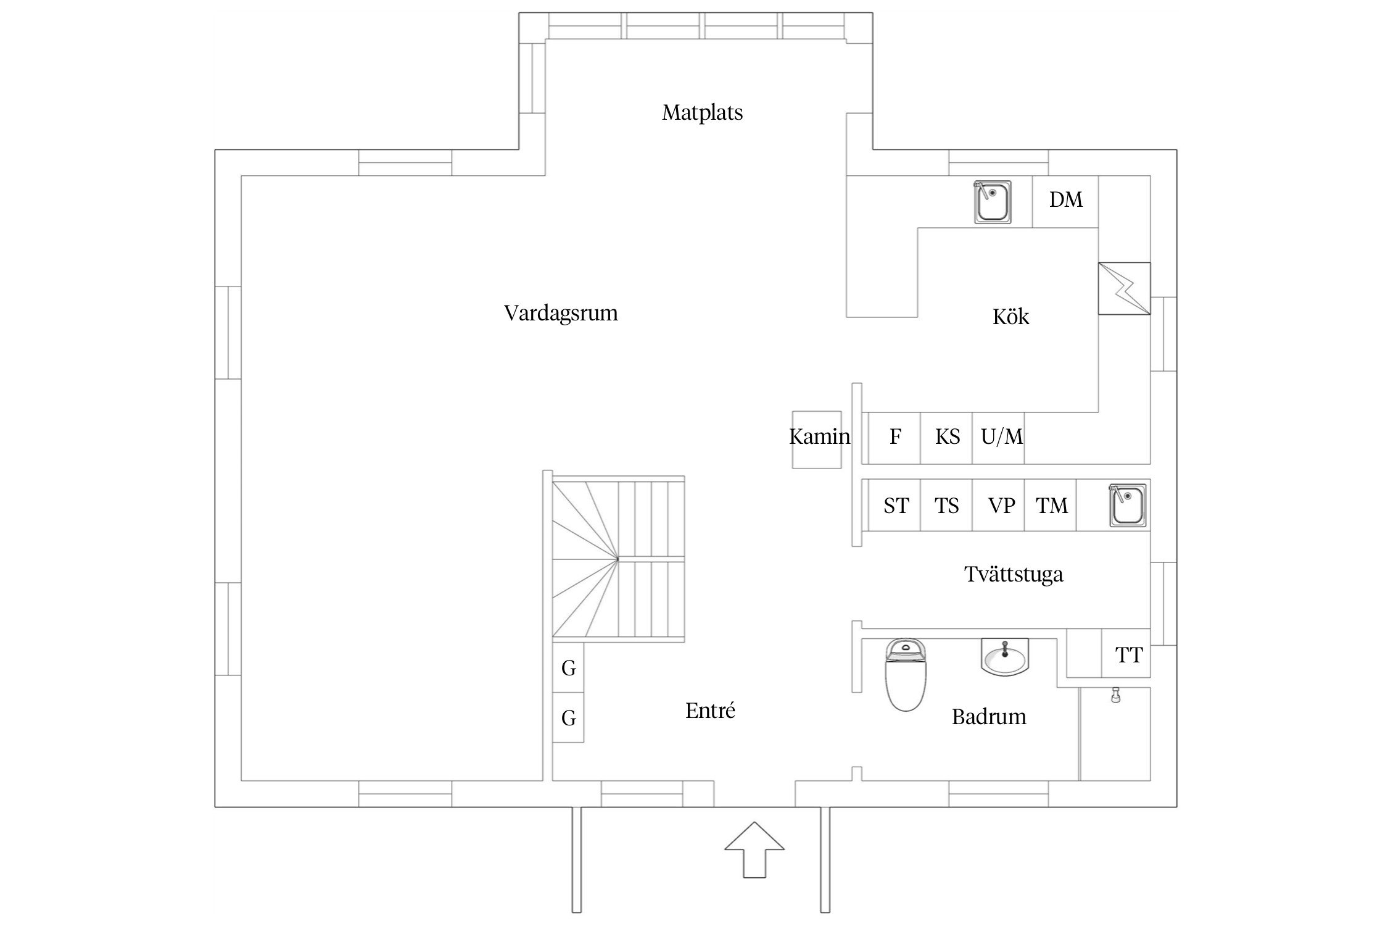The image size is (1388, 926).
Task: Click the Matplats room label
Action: pyautogui.click(x=702, y=113)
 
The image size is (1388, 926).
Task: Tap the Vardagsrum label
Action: pyautogui.click(x=561, y=313)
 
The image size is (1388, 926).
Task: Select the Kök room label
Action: pyautogui.click(x=1010, y=317)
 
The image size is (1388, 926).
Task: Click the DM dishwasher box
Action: pyautogui.click(x=1065, y=201)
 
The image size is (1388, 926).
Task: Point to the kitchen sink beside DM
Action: pyautogui.click(x=992, y=202)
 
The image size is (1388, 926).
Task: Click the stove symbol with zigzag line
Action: pyautogui.click(x=1124, y=288)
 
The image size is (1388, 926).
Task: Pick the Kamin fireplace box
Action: pyautogui.click(x=817, y=439)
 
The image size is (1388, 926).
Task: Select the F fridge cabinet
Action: pyautogui.click(x=894, y=438)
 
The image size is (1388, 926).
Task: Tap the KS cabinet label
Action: pyautogui.click(x=947, y=438)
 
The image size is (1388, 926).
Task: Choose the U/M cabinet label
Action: pyautogui.click(x=1001, y=438)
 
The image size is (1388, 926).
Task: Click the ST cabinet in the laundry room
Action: pyautogui.click(x=895, y=506)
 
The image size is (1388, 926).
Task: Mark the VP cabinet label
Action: pyautogui.click(x=1001, y=506)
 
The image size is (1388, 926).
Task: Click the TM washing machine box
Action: pyautogui.click(x=1051, y=506)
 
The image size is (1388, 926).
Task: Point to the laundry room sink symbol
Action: pyautogui.click(x=1128, y=506)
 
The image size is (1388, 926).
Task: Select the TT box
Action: pyautogui.click(x=1128, y=655)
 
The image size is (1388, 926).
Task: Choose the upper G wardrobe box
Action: pyautogui.click(x=568, y=668)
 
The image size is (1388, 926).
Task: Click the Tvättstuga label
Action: pyautogui.click(x=1014, y=575)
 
